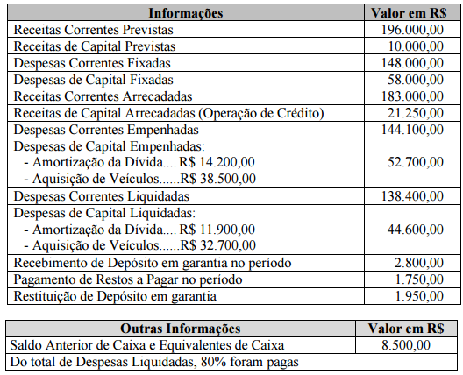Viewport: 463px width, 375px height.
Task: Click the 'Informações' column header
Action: tap(186, 13)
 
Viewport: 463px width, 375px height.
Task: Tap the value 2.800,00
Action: tap(414, 263)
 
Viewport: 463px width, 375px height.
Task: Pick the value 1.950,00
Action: tap(414, 296)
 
